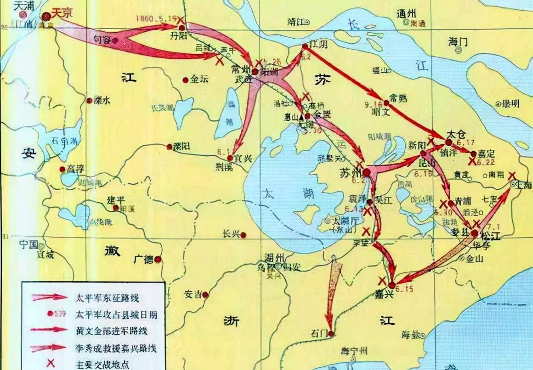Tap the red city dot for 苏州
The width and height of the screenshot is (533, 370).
(367, 172)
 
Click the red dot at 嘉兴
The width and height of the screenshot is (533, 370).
(392, 285)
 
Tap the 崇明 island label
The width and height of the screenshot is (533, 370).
(510, 103)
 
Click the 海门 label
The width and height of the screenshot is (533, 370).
(458, 42)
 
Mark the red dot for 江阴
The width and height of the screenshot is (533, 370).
(305, 46)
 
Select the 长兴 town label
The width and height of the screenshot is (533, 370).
(231, 233)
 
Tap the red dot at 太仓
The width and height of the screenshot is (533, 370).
(448, 142)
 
